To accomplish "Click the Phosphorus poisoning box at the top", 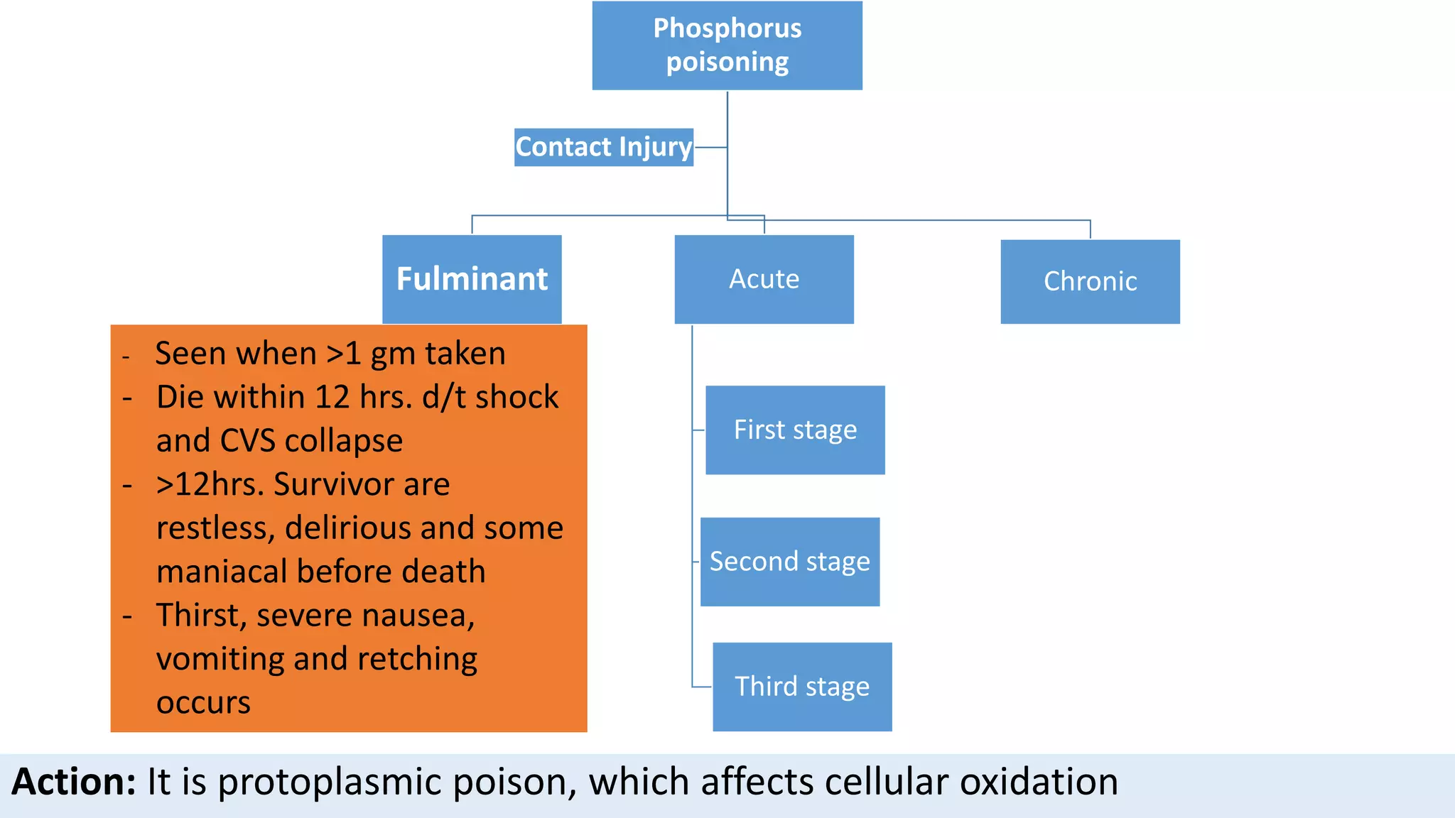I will point(727,45).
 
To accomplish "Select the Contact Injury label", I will point(603,147).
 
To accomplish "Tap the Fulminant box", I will point(472,279).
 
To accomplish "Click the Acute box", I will point(764,279).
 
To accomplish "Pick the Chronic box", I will point(1090,281).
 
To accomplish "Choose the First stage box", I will point(795,430).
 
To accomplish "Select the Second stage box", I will point(789,562).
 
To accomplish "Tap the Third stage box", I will point(802,687).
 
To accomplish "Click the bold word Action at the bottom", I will point(73,782).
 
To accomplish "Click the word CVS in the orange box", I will point(247,441).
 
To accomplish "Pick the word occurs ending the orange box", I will point(203,703).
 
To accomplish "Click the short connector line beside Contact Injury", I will point(710,147).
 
